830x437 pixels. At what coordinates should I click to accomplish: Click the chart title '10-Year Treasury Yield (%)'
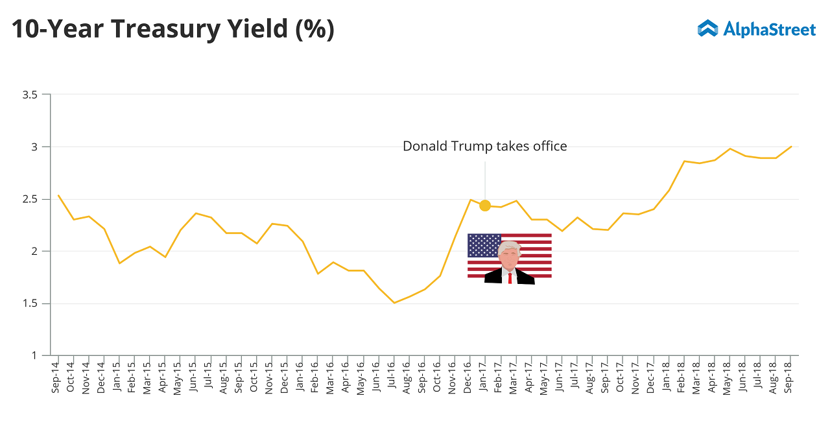(172, 30)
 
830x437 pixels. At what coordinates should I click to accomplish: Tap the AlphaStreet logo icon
(707, 29)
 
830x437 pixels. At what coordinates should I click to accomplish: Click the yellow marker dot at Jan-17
(484, 206)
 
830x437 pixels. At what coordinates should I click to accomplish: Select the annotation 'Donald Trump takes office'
(484, 147)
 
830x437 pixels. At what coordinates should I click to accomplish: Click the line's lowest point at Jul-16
(394, 303)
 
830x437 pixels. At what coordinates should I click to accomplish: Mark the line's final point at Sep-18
(791, 147)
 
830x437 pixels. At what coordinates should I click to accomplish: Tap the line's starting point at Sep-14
(58, 195)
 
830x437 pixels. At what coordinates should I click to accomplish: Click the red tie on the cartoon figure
(510, 278)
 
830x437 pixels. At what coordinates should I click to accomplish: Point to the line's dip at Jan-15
(119, 263)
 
